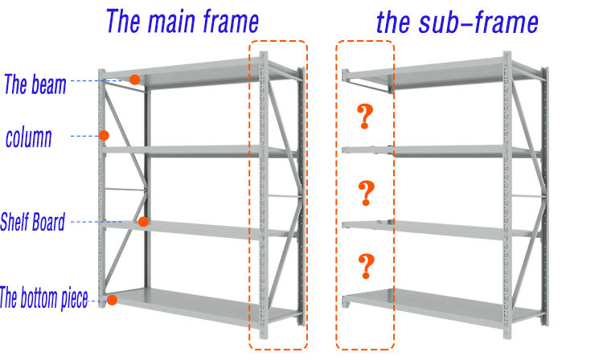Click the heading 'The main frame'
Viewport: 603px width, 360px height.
pyautogui.click(x=183, y=21)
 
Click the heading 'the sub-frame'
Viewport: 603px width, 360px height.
pyautogui.click(x=457, y=22)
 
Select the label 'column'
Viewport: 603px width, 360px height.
pyautogui.click(x=28, y=137)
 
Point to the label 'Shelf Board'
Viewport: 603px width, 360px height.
pyautogui.click(x=32, y=222)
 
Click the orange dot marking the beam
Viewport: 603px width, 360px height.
pyautogui.click(x=135, y=80)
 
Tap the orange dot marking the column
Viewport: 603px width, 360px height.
pyautogui.click(x=104, y=136)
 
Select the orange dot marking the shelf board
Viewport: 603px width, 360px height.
pyautogui.click(x=142, y=222)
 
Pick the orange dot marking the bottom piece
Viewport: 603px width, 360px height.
pyautogui.click(x=113, y=300)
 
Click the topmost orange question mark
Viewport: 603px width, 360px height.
pyautogui.click(x=366, y=118)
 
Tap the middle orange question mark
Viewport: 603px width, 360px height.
pyautogui.click(x=366, y=192)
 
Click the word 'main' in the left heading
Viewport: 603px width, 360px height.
pyautogui.click(x=179, y=21)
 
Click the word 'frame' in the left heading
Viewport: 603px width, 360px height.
pyautogui.click(x=230, y=21)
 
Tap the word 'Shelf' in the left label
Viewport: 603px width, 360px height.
pyautogui.click(x=15, y=222)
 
